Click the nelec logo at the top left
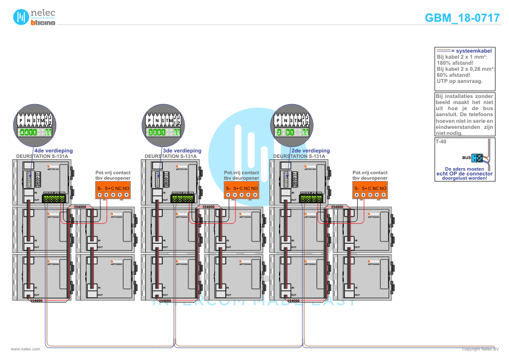pyautogui.click(x=34, y=18)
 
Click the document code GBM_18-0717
pyautogui.click(x=462, y=18)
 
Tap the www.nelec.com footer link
pyautogui.click(x=25, y=349)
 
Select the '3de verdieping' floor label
pyautogui.click(x=182, y=150)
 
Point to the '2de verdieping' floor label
pyautogui.click(x=310, y=150)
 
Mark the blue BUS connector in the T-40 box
pyautogui.click(x=477, y=158)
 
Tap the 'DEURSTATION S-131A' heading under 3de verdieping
pyautogui.click(x=170, y=156)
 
